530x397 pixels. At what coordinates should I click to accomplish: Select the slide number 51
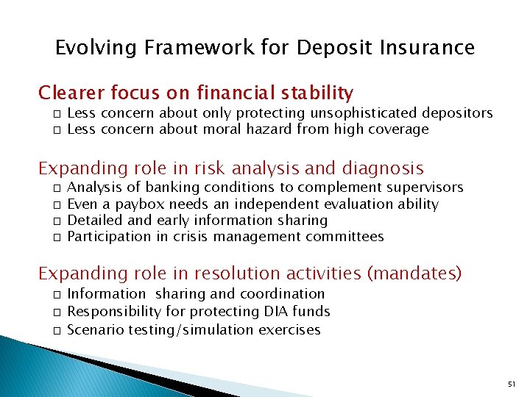point(512,385)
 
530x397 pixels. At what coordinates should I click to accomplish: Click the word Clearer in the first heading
point(71,93)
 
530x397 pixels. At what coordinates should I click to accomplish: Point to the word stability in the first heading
point(317,93)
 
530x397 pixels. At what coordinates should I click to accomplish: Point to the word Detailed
point(93,221)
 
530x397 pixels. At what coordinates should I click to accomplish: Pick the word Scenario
point(95,329)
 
